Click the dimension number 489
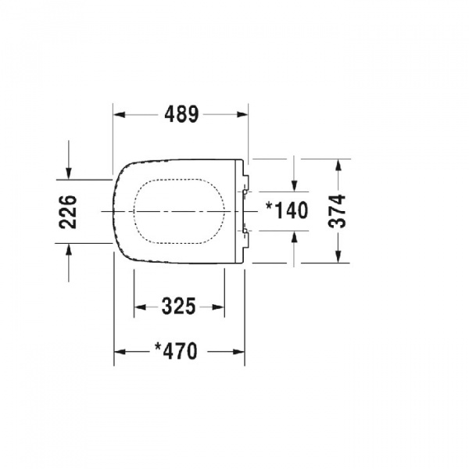click(181, 115)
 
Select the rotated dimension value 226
click(69, 211)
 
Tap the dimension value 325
click(178, 307)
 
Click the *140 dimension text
click(287, 211)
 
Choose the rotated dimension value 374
click(338, 211)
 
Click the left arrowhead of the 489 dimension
click(120, 115)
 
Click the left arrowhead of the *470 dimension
click(120, 352)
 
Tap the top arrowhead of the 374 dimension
click(338, 165)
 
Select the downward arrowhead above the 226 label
click(69, 173)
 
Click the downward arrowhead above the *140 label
click(294, 185)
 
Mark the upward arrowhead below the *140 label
click(294, 238)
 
